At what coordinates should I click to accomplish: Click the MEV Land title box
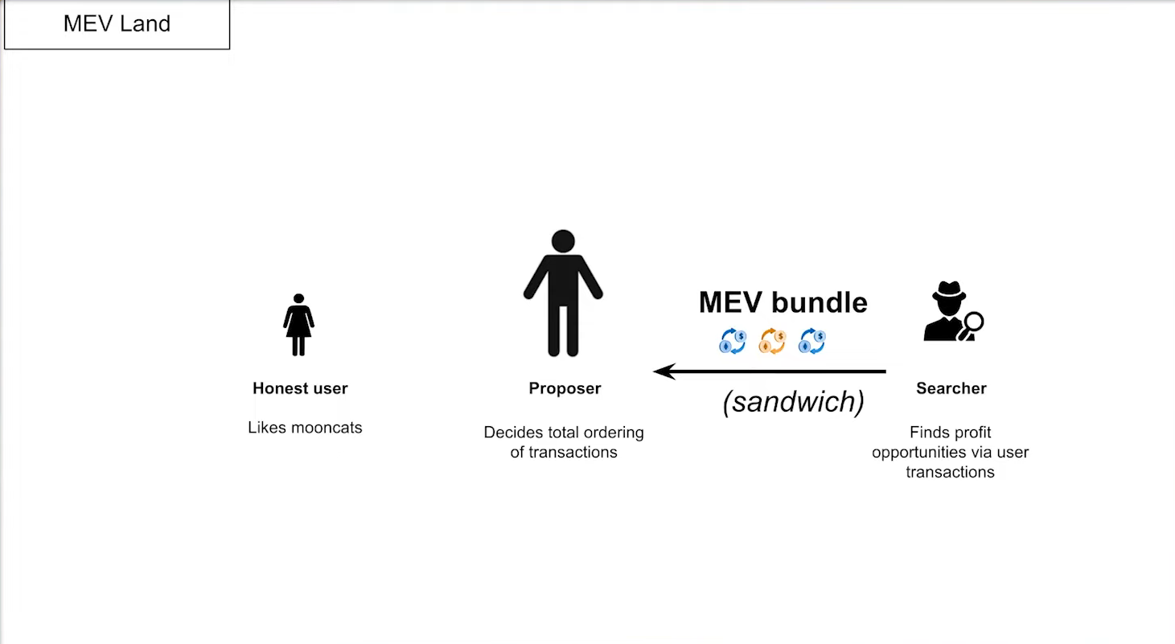117,24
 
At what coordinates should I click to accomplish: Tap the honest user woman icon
298,325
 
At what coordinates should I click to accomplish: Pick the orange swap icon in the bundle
772,342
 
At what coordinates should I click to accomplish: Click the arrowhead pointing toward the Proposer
664,371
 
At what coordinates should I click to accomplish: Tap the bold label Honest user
300,388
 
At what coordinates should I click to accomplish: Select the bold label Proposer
565,388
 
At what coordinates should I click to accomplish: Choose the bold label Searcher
951,388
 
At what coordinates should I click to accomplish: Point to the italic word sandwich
794,402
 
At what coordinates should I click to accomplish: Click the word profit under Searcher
970,433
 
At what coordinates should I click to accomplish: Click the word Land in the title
146,24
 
